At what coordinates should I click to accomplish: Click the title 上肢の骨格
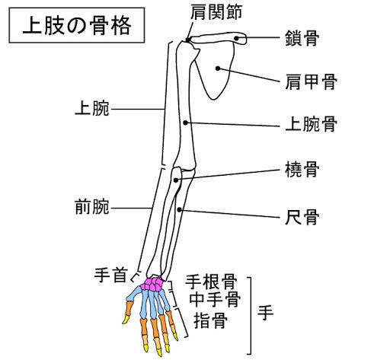(77, 25)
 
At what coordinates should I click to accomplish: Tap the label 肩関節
(216, 12)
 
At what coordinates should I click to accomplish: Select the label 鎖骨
(302, 38)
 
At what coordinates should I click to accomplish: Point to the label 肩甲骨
(311, 81)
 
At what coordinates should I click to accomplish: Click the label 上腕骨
(311, 124)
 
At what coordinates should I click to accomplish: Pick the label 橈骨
(302, 170)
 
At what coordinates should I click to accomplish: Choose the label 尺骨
(302, 217)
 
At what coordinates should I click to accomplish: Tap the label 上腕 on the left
(92, 109)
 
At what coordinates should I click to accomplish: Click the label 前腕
(92, 207)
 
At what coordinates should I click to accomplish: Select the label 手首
(110, 276)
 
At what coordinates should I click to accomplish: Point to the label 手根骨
(211, 282)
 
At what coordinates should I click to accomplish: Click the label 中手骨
(215, 299)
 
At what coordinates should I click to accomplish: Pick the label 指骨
(210, 320)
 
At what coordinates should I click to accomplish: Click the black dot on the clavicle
(236, 38)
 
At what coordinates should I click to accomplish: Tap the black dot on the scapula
(218, 68)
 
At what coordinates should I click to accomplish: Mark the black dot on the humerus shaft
(186, 123)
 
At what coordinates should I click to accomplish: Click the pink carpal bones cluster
(152, 284)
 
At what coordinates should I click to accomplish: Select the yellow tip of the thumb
(126, 320)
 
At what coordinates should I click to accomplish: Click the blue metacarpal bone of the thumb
(134, 294)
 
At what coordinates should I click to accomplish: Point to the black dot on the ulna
(180, 210)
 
